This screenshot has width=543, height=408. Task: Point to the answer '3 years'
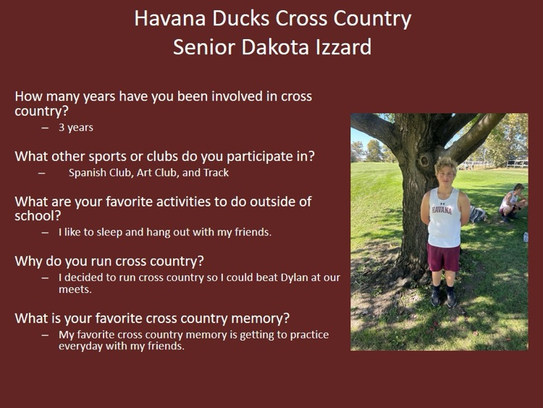click(x=76, y=128)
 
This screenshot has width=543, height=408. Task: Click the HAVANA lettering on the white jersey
click(x=442, y=210)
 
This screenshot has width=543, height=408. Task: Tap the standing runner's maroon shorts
click(x=443, y=256)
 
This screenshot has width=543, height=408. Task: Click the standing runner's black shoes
click(x=443, y=296)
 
